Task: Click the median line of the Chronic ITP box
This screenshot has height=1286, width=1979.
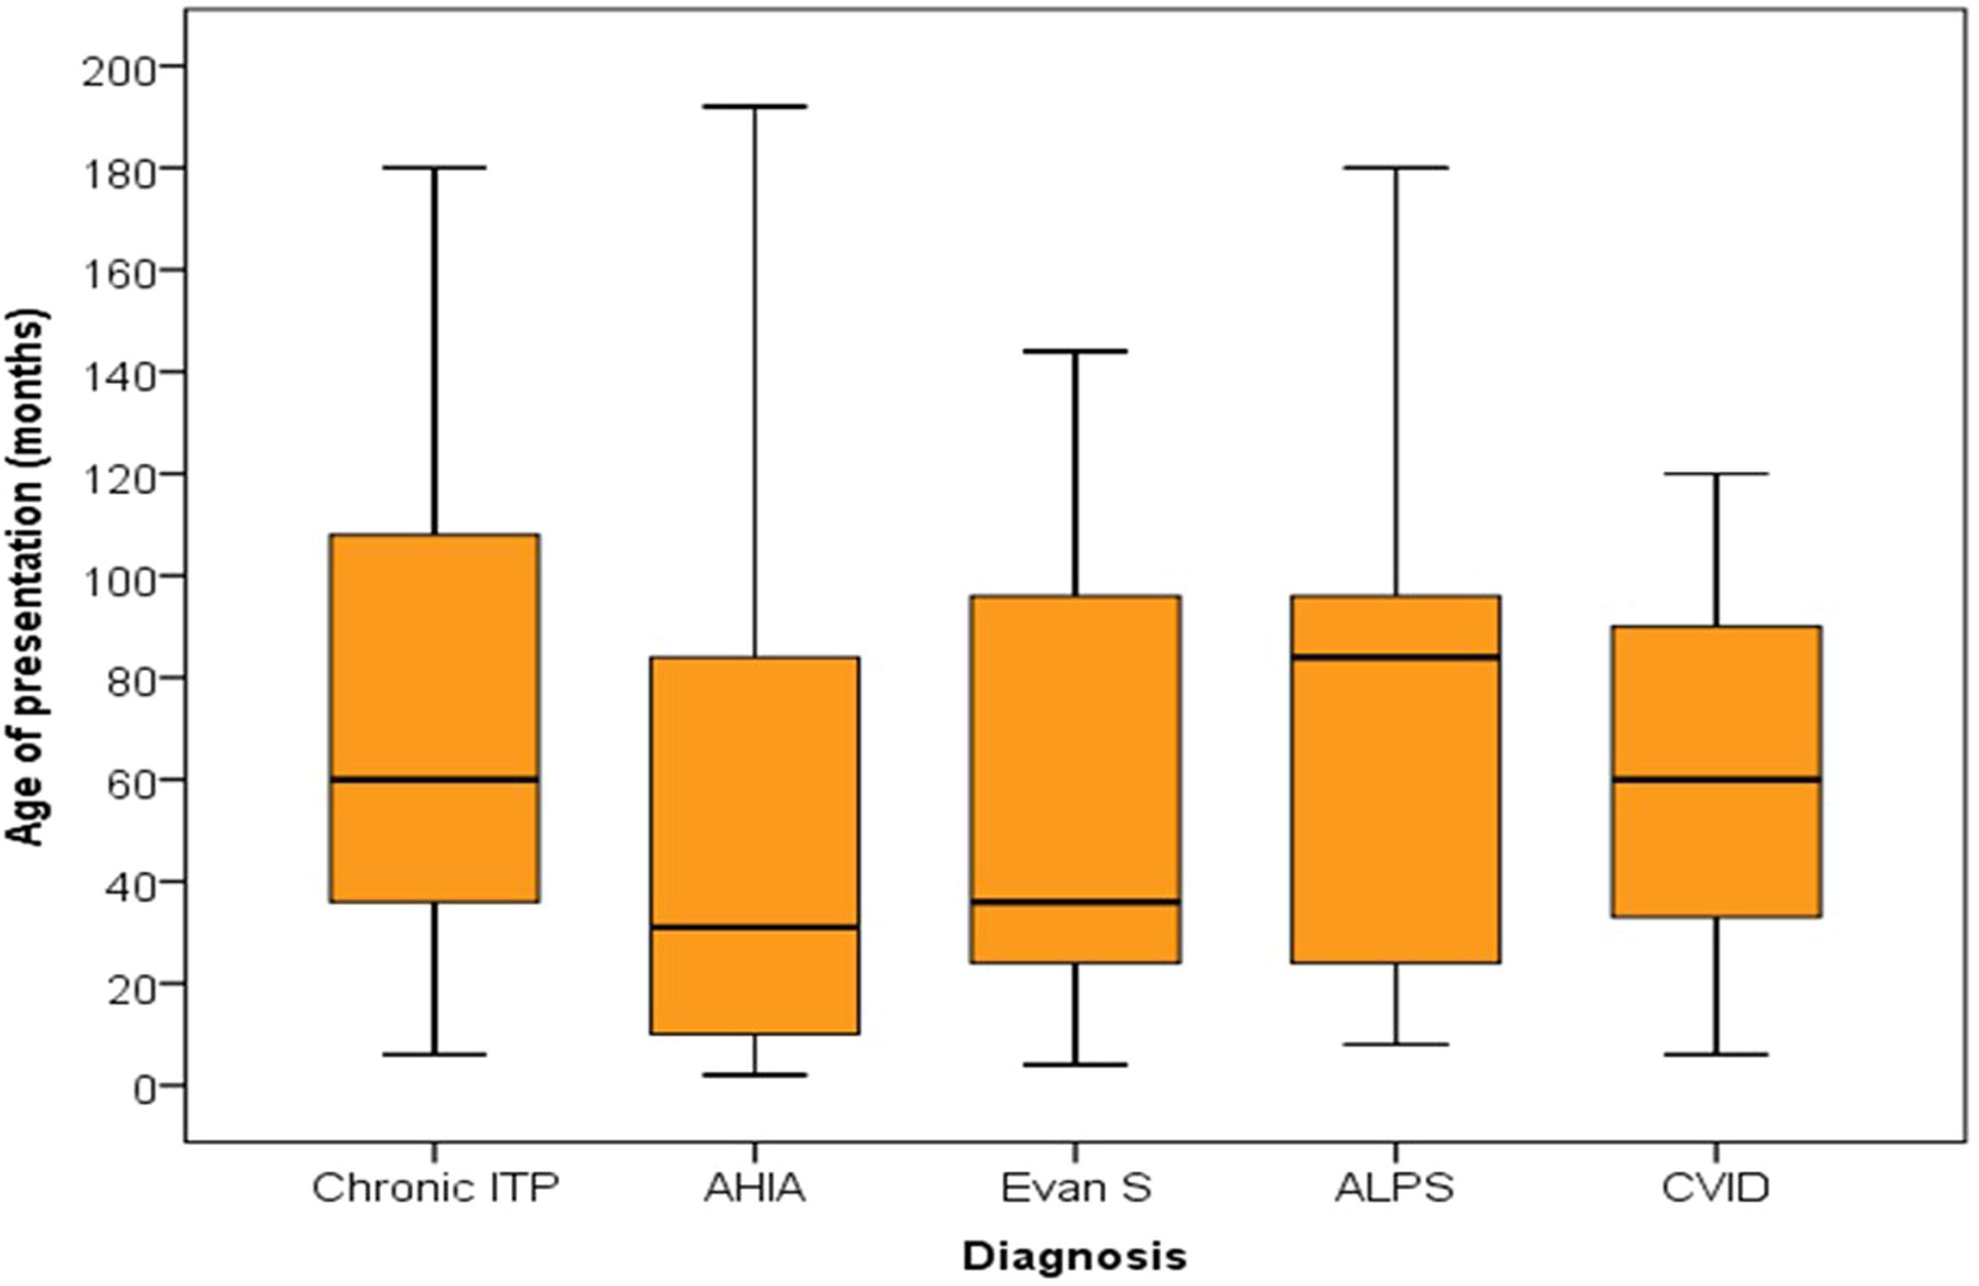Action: click(x=434, y=779)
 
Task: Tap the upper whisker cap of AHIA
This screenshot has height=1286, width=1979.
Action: click(x=754, y=106)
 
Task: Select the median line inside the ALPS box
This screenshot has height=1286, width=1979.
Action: click(x=1395, y=657)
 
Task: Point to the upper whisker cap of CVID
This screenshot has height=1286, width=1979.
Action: click(x=1716, y=473)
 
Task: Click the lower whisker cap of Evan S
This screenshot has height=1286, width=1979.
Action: click(x=1075, y=1065)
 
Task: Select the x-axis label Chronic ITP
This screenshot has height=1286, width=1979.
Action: click(x=436, y=1188)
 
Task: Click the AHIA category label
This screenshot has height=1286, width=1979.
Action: click(x=754, y=1188)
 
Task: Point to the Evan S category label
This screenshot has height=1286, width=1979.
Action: click(x=1076, y=1188)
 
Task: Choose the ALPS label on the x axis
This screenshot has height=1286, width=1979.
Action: click(x=1395, y=1188)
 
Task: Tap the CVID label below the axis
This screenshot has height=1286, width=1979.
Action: click(x=1715, y=1188)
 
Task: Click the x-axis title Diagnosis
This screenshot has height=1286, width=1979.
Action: click(x=1075, y=1256)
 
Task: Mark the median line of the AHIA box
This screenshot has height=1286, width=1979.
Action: click(x=754, y=927)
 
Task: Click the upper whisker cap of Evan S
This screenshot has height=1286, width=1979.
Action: click(x=1075, y=350)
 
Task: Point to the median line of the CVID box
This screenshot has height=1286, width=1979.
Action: click(x=1716, y=779)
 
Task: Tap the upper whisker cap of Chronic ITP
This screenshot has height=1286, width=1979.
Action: click(x=434, y=167)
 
